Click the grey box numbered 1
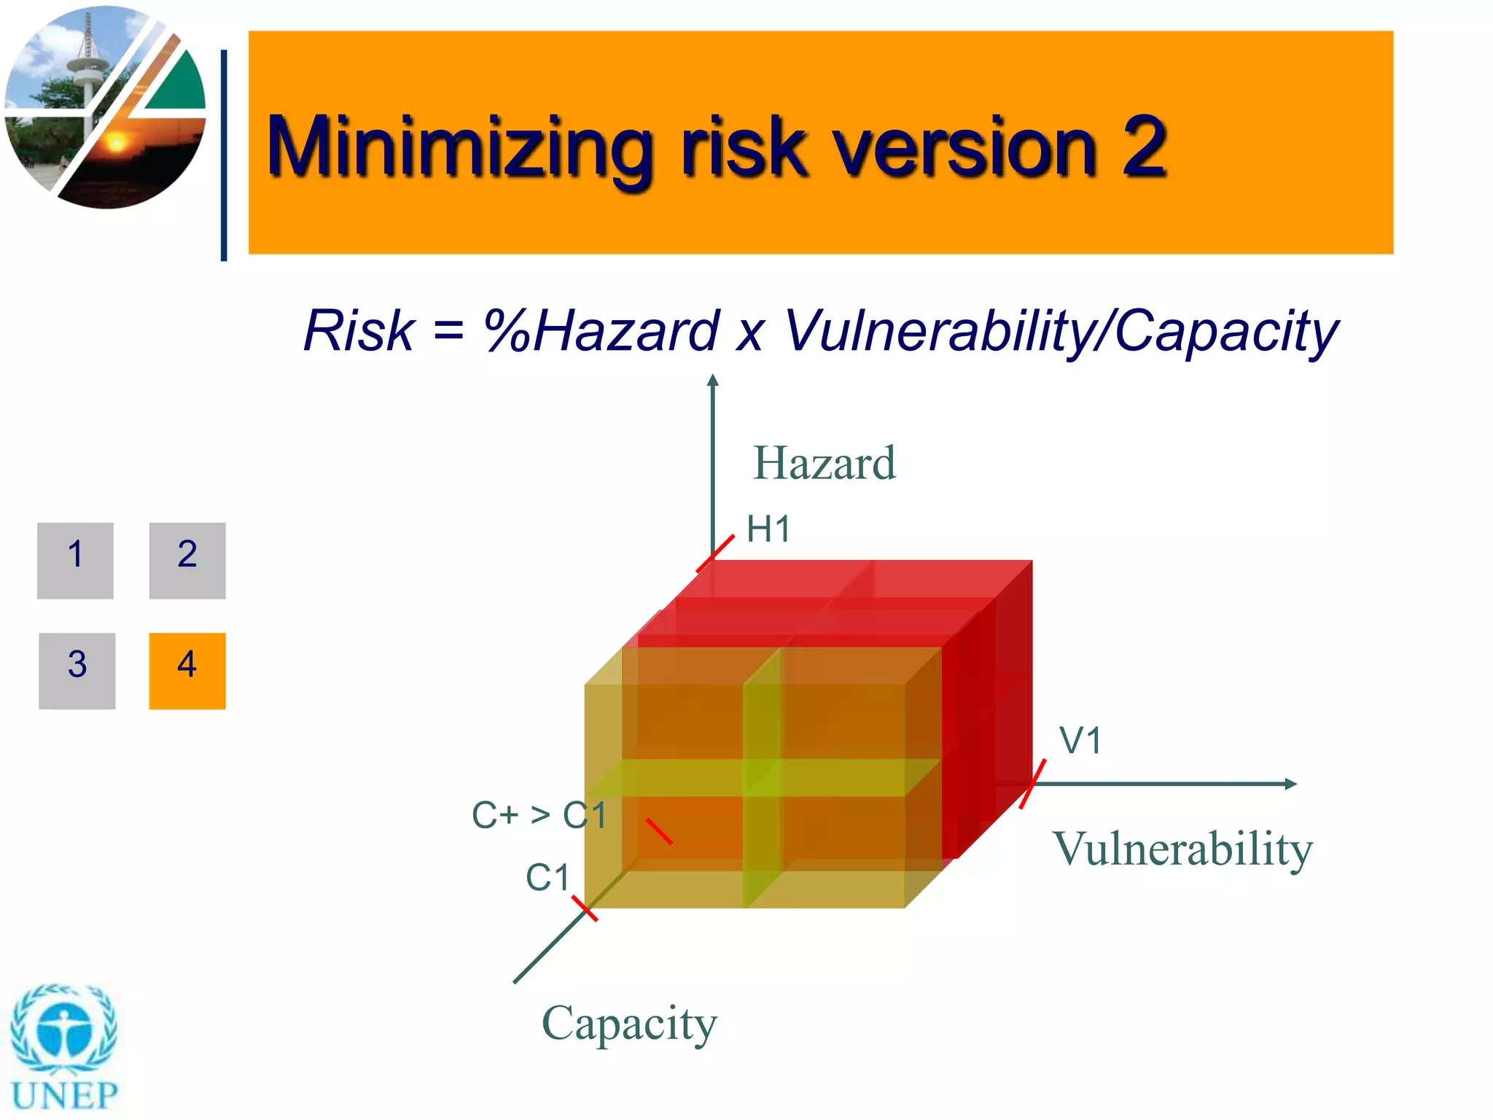[x=75, y=560]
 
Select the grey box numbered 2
[x=187, y=560]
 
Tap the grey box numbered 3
[x=77, y=670]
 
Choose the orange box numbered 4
[x=187, y=670]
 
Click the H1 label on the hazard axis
[x=768, y=529]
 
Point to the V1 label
[x=1080, y=741]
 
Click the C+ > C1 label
[x=539, y=814]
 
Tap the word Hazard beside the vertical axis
[x=824, y=463]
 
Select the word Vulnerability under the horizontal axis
[x=1182, y=849]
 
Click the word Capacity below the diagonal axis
[x=629, y=1023]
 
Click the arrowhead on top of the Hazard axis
[x=713, y=380]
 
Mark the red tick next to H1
[x=715, y=553]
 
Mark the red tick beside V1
[x=1032, y=784]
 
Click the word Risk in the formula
[x=359, y=330]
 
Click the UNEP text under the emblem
[x=64, y=1094]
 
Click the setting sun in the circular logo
[x=117, y=141]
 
